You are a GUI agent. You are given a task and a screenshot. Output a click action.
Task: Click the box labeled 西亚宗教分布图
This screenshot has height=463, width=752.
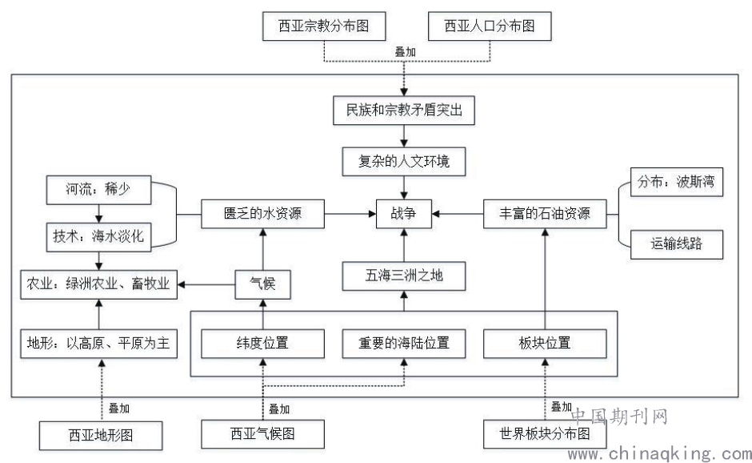[x=324, y=26]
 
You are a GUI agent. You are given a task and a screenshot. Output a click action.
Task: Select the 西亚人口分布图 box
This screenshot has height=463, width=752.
[x=489, y=26]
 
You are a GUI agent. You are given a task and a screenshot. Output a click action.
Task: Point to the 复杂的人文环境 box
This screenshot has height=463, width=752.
[x=404, y=162]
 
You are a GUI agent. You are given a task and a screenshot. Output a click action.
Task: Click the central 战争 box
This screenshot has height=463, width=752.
[x=404, y=214]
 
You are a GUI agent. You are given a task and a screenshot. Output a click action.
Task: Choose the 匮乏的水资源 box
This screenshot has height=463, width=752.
[x=262, y=214]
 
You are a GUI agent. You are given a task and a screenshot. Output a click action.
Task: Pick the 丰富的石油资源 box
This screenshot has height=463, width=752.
[x=545, y=214]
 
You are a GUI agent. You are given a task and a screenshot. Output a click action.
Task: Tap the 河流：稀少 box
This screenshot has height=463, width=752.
[x=98, y=191]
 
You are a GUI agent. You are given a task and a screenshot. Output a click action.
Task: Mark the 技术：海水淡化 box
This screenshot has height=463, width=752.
[x=98, y=236]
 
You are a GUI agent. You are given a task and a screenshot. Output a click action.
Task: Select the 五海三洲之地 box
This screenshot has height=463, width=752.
[x=404, y=276]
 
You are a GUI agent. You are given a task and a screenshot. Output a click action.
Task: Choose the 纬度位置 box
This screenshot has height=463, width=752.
[x=262, y=344]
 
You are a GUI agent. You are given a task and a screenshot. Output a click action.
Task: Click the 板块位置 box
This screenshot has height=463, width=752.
[x=545, y=344]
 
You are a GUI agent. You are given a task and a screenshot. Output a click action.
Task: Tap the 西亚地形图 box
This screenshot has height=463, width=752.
[x=101, y=436]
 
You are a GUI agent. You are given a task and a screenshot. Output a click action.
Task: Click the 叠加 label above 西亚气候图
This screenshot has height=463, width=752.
[x=279, y=409]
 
